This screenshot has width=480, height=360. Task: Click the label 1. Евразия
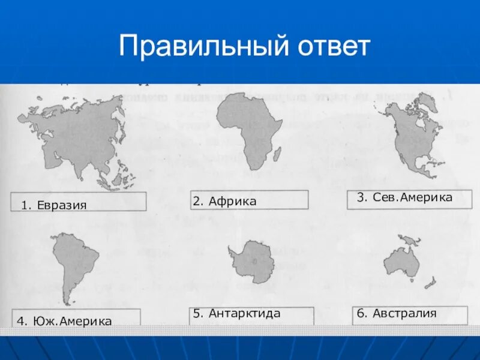click(54, 205)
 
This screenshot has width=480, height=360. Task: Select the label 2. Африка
click(225, 201)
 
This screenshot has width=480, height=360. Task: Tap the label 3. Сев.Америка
click(404, 197)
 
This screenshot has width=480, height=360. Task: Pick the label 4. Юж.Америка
click(65, 321)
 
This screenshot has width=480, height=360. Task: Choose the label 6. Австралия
click(396, 313)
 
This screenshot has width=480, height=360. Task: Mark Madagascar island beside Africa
click(277, 155)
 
